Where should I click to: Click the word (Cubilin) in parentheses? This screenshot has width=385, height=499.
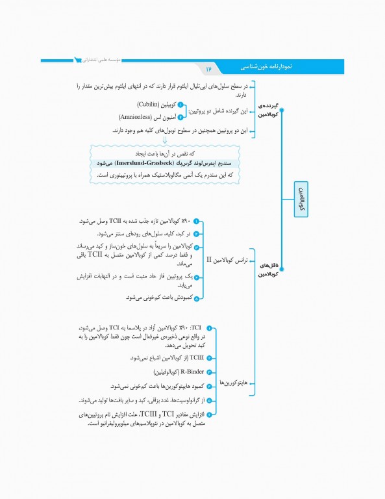(x=153, y=104)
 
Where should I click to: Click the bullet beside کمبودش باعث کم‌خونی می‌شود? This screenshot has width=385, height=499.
(x=196, y=298)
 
